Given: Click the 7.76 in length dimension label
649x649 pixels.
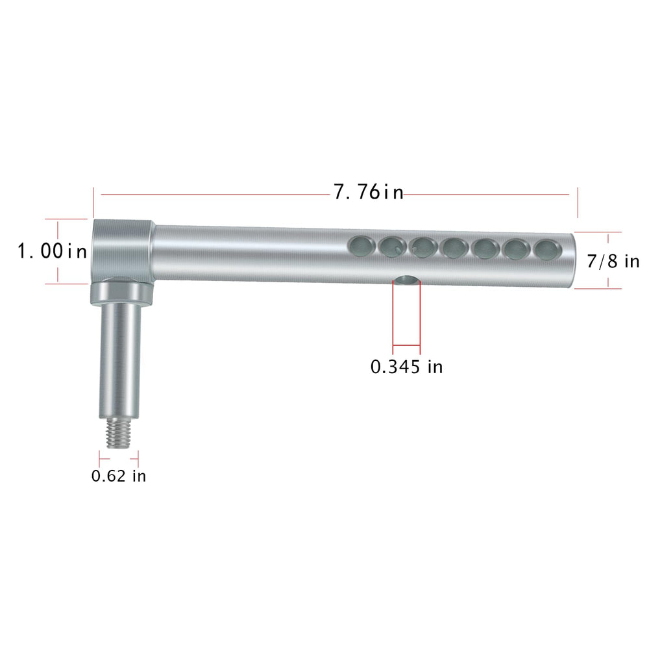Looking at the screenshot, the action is pyautogui.click(x=369, y=192).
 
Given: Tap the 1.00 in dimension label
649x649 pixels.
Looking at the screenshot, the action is pyautogui.click(x=52, y=251).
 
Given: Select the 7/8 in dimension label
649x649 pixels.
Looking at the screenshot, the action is pyautogui.click(x=613, y=261).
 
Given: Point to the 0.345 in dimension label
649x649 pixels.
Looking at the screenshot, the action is pyautogui.click(x=406, y=367).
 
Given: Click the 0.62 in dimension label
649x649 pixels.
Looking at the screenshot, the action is pyautogui.click(x=119, y=476).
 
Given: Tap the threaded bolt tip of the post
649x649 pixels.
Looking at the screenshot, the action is pyautogui.click(x=118, y=433).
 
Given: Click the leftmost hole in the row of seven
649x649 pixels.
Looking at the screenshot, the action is pyautogui.click(x=361, y=246).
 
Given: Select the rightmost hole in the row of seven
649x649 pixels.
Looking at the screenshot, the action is pyautogui.click(x=548, y=251).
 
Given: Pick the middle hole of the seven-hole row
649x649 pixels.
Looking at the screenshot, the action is pyautogui.click(x=454, y=248).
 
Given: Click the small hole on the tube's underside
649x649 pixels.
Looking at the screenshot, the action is pyautogui.click(x=407, y=280).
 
